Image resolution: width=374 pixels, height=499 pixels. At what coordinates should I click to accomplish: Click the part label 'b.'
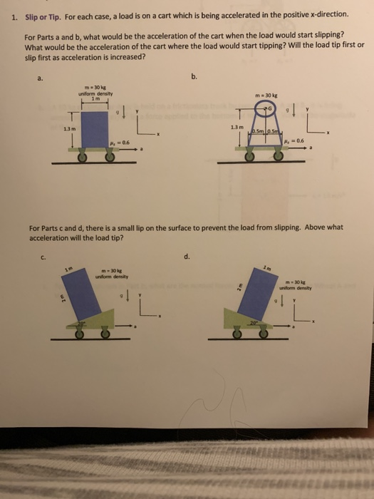click(x=193, y=76)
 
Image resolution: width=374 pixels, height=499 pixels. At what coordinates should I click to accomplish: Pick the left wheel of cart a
click(x=83, y=158)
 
